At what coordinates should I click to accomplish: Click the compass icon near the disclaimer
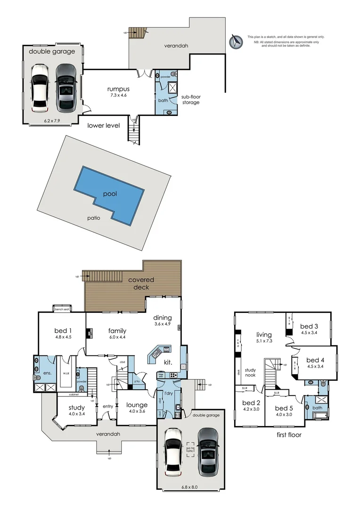(x=236, y=41)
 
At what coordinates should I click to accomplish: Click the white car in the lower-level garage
(x=39, y=86)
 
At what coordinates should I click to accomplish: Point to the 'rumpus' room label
(x=118, y=89)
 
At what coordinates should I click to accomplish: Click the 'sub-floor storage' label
(x=191, y=99)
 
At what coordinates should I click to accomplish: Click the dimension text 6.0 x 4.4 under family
(x=117, y=337)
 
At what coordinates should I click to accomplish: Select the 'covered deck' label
(x=141, y=283)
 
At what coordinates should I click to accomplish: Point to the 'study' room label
(x=77, y=408)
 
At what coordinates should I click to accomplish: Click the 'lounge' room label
(x=137, y=405)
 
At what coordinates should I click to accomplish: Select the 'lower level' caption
(x=104, y=125)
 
